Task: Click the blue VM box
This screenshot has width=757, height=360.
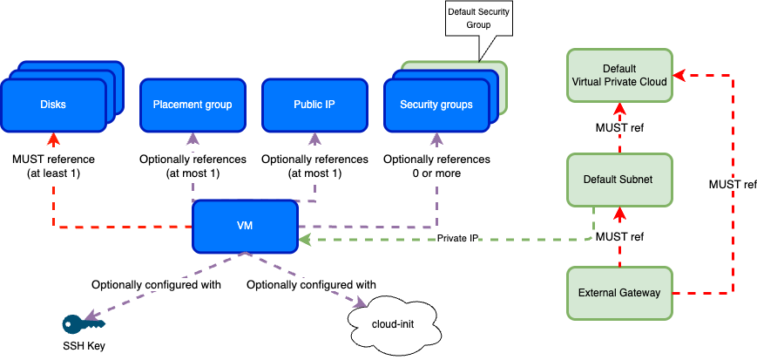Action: [x=245, y=226]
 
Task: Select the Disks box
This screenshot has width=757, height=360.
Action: [x=53, y=105]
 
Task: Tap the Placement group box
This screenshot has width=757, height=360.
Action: [x=193, y=105]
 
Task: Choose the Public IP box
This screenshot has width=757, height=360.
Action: [x=314, y=105]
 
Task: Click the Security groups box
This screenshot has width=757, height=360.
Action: [x=436, y=105]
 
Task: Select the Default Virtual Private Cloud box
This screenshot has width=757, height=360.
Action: [x=619, y=75]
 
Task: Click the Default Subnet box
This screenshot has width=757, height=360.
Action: [x=619, y=180]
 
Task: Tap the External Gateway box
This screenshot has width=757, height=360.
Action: [x=619, y=292]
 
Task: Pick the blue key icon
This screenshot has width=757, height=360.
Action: [x=83, y=324]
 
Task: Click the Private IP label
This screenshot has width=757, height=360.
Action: [x=456, y=237]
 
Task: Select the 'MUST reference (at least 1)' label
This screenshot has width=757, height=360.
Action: [x=53, y=166]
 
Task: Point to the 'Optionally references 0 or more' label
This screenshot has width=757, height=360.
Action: [x=436, y=166]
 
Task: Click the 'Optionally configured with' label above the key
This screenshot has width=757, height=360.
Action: [x=157, y=285]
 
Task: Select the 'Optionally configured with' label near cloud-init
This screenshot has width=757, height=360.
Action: [x=311, y=285]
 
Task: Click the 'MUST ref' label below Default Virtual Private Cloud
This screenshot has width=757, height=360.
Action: [x=619, y=129]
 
